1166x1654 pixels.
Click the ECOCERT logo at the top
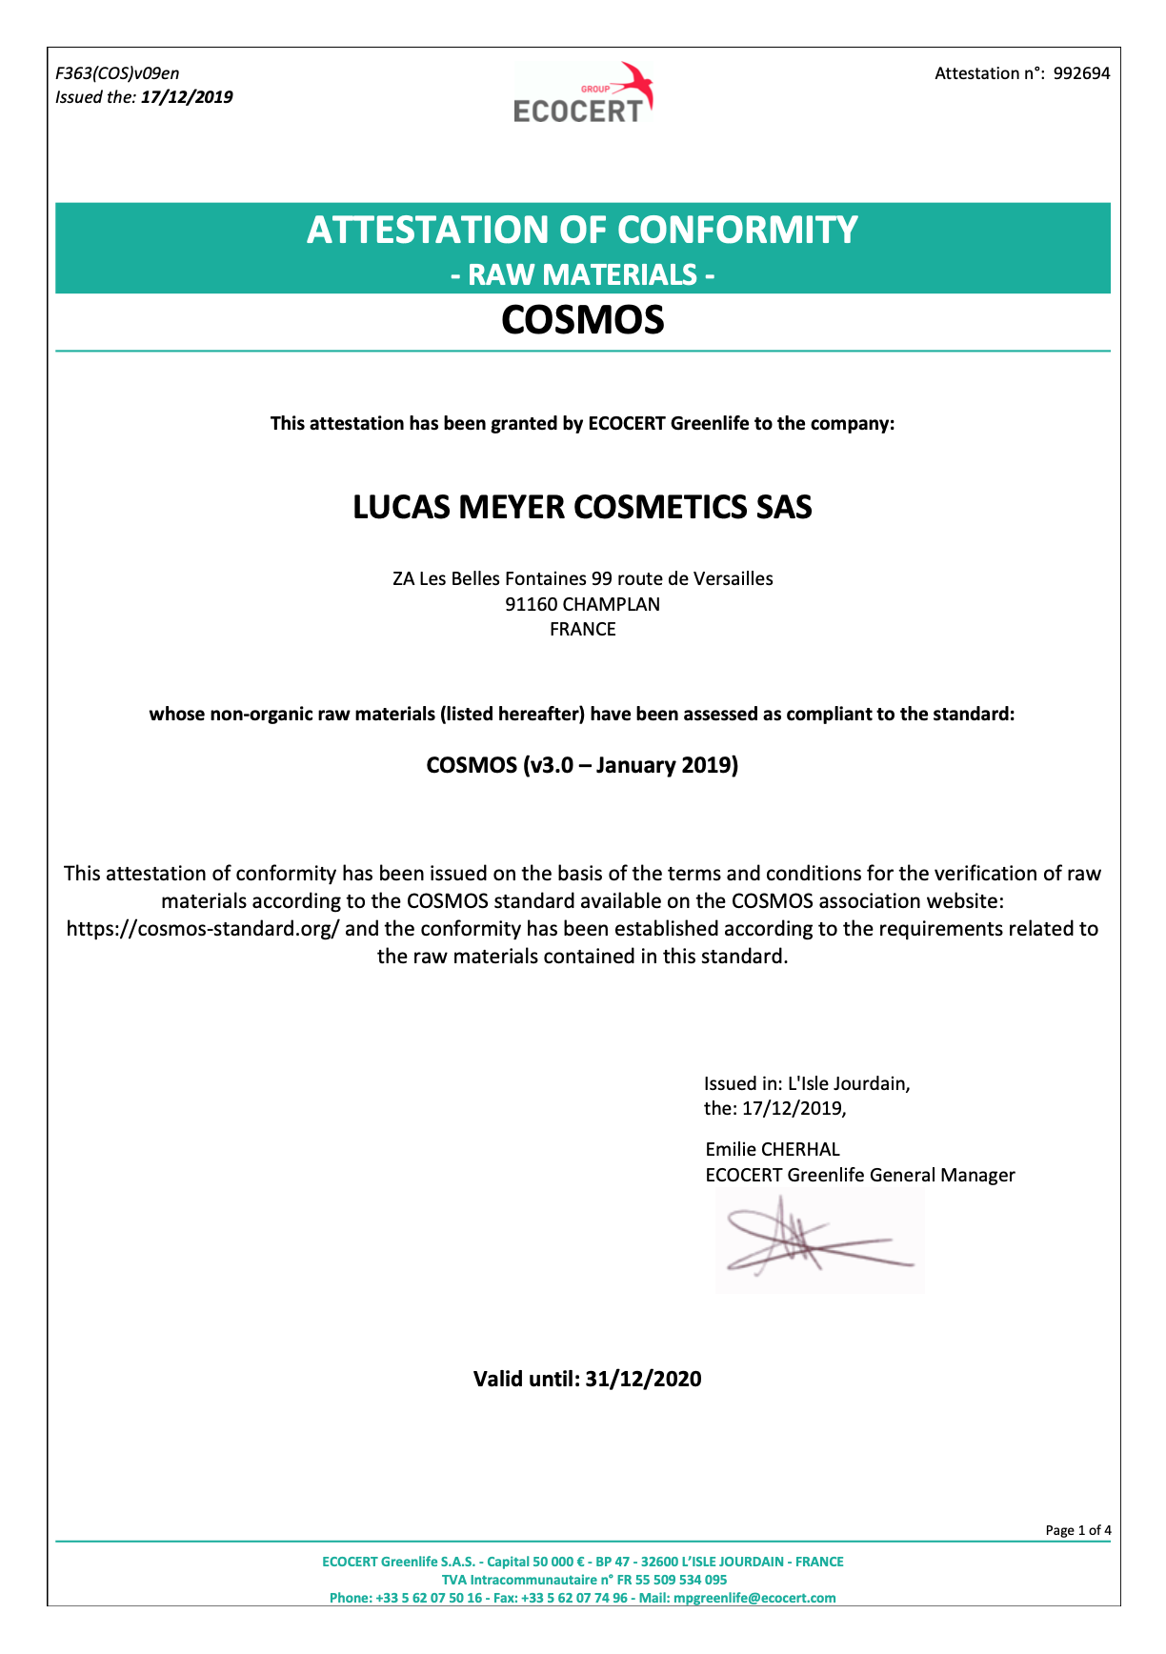[x=583, y=93]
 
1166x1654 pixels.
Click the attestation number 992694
[x=1081, y=73]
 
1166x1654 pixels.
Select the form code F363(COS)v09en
[x=117, y=73]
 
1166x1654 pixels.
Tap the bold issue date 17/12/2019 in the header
[x=187, y=97]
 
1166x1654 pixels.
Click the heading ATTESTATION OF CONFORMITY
[x=582, y=230]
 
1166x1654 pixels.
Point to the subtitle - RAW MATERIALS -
[x=582, y=275]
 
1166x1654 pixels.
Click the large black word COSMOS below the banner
[x=582, y=320]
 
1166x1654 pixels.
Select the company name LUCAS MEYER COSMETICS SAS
[x=582, y=507]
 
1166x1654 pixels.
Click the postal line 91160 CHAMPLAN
[x=582, y=604]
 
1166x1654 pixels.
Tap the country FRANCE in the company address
[x=582, y=629]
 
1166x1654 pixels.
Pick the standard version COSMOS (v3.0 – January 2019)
[x=582, y=765]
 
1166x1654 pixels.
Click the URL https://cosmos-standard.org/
[x=203, y=929]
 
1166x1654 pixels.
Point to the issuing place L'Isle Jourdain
[x=848, y=1083]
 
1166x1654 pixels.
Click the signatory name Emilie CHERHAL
[x=773, y=1149]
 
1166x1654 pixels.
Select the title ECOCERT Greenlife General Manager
[x=860, y=1175]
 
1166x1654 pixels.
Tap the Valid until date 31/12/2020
[x=643, y=1379]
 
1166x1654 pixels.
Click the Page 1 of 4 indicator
[x=1077, y=1530]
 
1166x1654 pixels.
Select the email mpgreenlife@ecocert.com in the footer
[x=754, y=1598]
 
